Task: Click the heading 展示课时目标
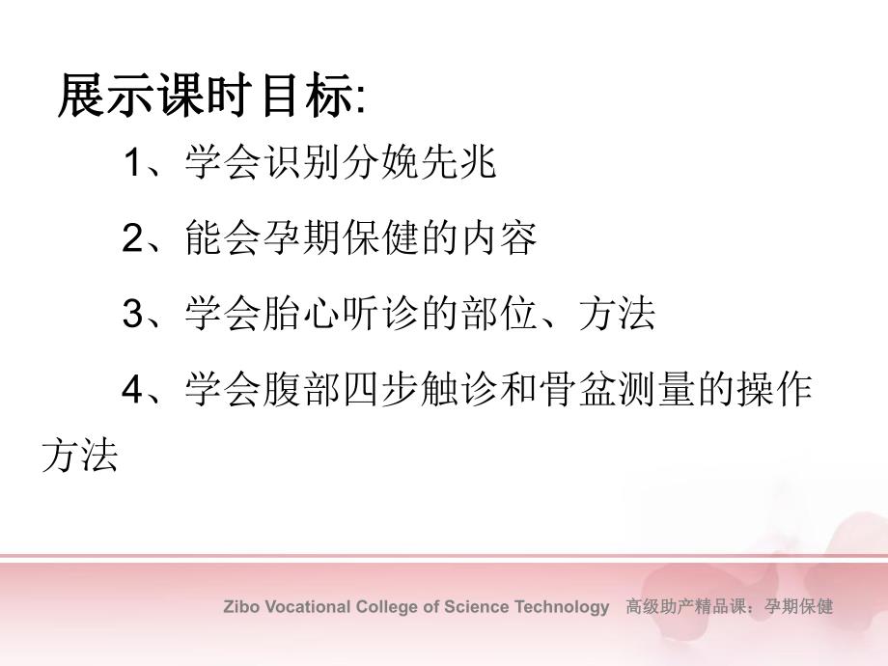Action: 207,97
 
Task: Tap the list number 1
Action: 132,164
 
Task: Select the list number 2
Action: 132,239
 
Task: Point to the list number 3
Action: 132,315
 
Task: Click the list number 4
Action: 132,390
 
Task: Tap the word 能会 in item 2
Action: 224,239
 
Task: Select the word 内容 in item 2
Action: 498,239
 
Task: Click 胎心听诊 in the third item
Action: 342,315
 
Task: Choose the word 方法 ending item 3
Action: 617,315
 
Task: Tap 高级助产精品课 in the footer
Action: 686,607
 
